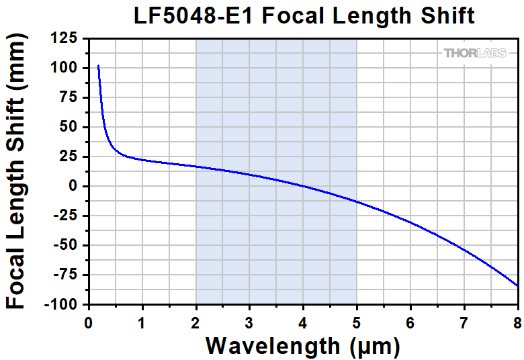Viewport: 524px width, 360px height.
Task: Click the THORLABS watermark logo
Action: click(479, 53)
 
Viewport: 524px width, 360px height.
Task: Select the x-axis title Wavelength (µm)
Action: click(302, 346)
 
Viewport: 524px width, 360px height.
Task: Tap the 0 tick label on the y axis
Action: click(74, 186)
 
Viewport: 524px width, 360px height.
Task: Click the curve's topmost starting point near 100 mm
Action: click(98, 66)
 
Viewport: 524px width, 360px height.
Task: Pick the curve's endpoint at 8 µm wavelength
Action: click(517, 286)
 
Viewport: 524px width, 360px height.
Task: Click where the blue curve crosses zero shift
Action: click(302, 186)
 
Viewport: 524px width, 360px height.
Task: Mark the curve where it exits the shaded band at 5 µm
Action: click(357, 201)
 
